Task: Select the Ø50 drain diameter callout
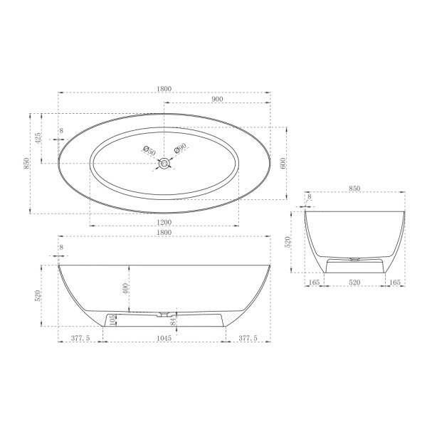[149, 152]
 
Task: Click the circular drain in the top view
[164, 163]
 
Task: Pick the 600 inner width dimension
[283, 162]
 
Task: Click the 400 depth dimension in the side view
[125, 289]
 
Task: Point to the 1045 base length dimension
[164, 339]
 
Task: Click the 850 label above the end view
[355, 189]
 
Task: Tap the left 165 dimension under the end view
[313, 283]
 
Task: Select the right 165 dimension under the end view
[396, 283]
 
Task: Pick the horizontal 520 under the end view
[354, 283]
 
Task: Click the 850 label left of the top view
[26, 163]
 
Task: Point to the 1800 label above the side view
[164, 233]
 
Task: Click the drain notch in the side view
[164, 313]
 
